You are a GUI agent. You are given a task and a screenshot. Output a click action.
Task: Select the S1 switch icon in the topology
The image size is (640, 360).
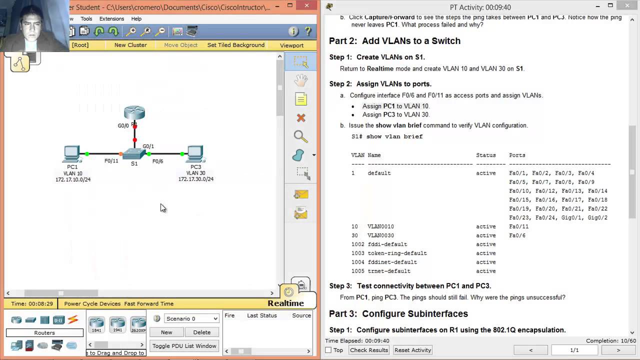pyautogui.click(x=134, y=153)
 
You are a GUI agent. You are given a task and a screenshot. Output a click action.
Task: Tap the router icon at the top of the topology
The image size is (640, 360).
pyautogui.click(x=134, y=112)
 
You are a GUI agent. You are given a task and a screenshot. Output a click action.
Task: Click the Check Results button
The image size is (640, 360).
pyautogui.click(x=369, y=350)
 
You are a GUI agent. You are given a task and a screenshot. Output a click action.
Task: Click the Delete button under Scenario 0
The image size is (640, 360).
pyautogui.click(x=201, y=332)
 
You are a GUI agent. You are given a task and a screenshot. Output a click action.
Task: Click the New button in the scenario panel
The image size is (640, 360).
pyautogui.click(x=166, y=332)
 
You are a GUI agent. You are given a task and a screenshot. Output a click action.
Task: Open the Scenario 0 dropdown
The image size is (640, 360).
pyautogui.click(x=192, y=318)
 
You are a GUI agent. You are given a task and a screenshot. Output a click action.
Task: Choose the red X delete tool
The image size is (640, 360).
pyautogui.click(x=301, y=118)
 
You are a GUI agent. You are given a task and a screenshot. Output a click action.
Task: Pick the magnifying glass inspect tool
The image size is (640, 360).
pyautogui.click(x=300, y=136)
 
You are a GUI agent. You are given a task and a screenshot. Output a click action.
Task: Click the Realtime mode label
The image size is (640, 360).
pyautogui.click(x=285, y=303)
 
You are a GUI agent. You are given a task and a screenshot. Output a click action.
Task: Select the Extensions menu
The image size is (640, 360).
pyautogui.click(x=111, y=19)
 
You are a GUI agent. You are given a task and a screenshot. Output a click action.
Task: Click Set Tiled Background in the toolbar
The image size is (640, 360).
pyautogui.click(x=235, y=45)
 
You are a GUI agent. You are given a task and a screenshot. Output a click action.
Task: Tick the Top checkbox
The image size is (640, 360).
pyautogui.click(x=328, y=350)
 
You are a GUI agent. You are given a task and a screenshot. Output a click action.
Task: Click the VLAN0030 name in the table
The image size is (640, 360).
pyautogui.click(x=380, y=235)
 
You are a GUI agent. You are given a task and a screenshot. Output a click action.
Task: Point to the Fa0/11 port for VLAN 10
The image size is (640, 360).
pyautogui.click(x=518, y=226)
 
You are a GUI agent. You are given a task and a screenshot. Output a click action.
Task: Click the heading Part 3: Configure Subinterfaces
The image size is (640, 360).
pyautogui.click(x=398, y=313)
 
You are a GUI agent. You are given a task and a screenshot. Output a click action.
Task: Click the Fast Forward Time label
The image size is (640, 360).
pyautogui.click(x=148, y=303)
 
